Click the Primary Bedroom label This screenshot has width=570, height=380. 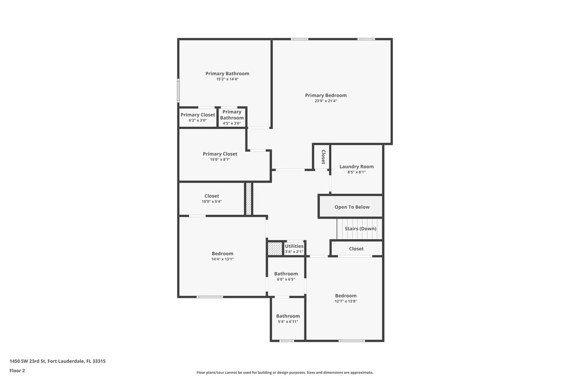tap(326, 95)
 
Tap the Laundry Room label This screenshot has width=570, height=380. tap(357, 166)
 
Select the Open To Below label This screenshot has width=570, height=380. tap(352, 207)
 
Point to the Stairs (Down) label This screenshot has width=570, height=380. tap(361, 229)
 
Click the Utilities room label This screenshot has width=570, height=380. tap(294, 246)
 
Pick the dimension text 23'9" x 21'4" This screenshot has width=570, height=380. tap(326, 101)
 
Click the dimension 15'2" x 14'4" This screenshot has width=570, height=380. tap(227, 79)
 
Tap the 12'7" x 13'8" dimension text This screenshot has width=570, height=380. tap(346, 301)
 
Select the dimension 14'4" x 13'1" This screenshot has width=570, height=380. tap(223, 259)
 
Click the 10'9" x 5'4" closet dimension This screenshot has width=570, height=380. tap(212, 201)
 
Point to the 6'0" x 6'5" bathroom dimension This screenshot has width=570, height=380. tap(286, 279)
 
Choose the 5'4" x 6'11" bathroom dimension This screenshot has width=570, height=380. tap(288, 322)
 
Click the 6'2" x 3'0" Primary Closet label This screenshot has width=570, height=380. tap(198, 115)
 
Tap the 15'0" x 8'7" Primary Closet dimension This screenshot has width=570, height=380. tap(220, 160)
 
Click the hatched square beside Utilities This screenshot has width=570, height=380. tap(275, 249)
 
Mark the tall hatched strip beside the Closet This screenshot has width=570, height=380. tap(249, 199)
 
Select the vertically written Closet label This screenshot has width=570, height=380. tap(323, 157)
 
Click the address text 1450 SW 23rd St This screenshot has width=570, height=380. tap(27, 361)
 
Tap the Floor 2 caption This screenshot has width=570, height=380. tap(17, 371)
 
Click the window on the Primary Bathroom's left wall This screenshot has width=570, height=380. tap(179, 91)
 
